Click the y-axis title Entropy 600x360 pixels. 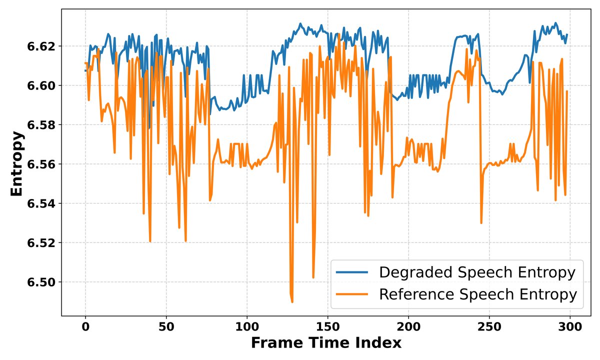point(16,163)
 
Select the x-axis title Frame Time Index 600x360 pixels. point(325,343)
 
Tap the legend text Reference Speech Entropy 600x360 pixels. point(477,294)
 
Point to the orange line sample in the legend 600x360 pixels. point(352,294)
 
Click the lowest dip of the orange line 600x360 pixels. point(292,301)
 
